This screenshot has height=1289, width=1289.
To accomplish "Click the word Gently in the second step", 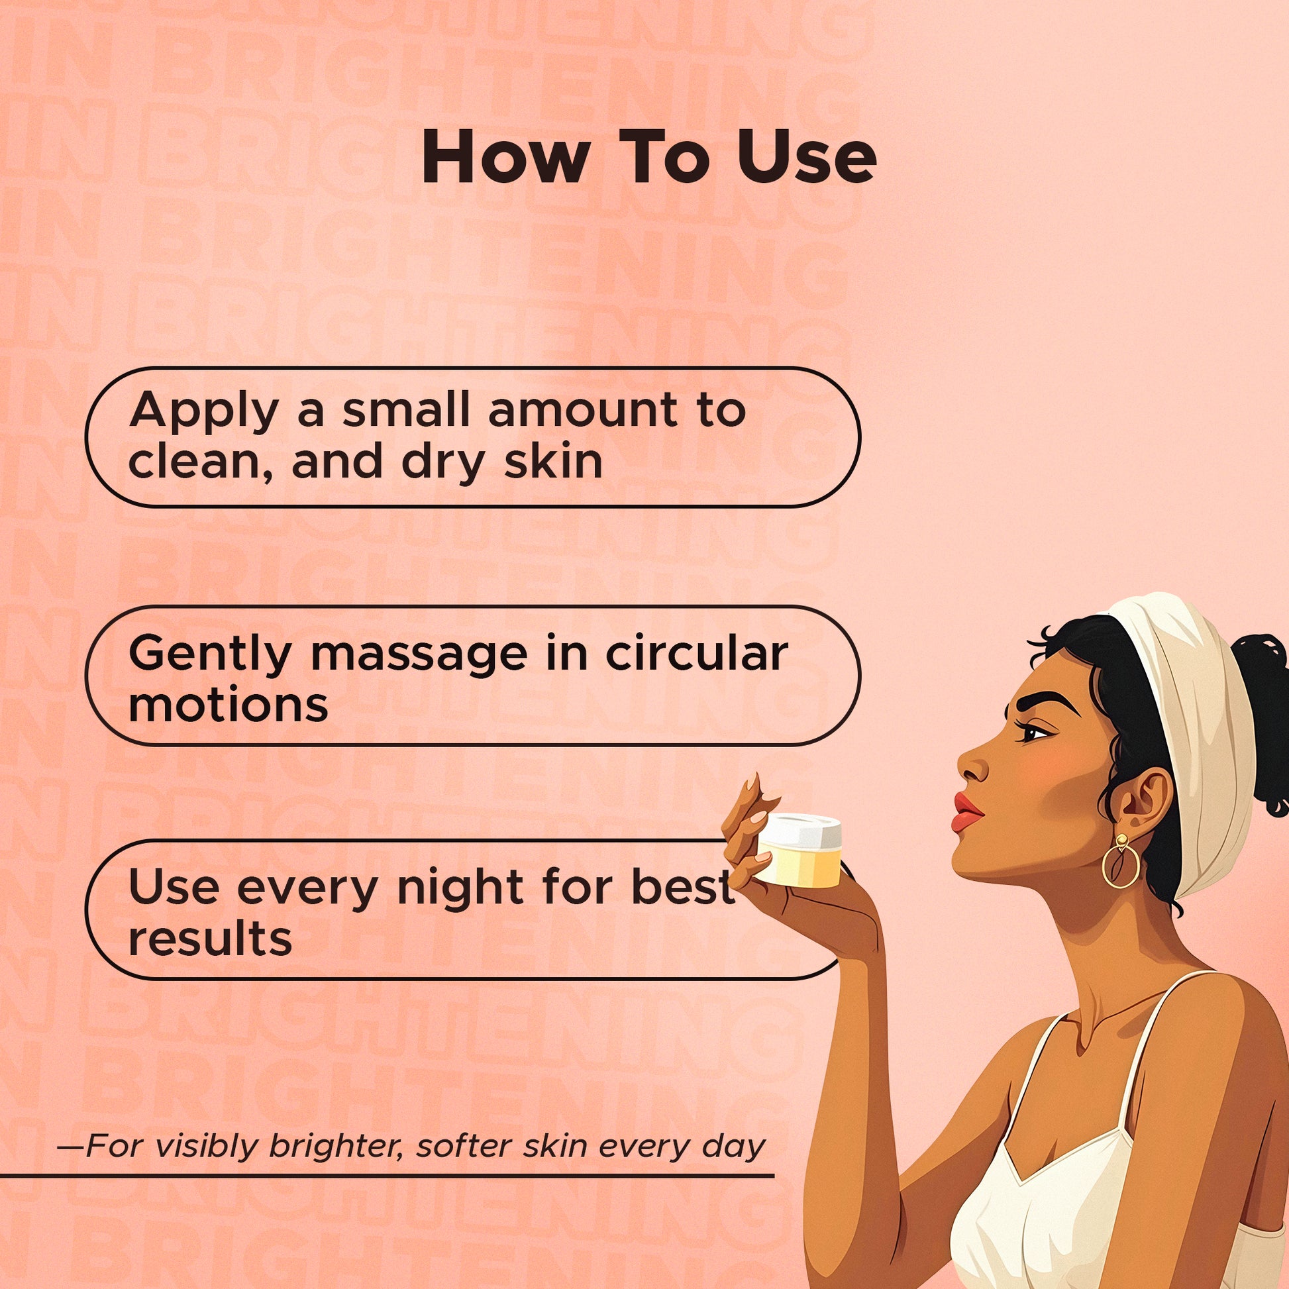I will (209, 655).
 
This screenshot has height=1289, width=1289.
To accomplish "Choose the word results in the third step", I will (209, 939).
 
